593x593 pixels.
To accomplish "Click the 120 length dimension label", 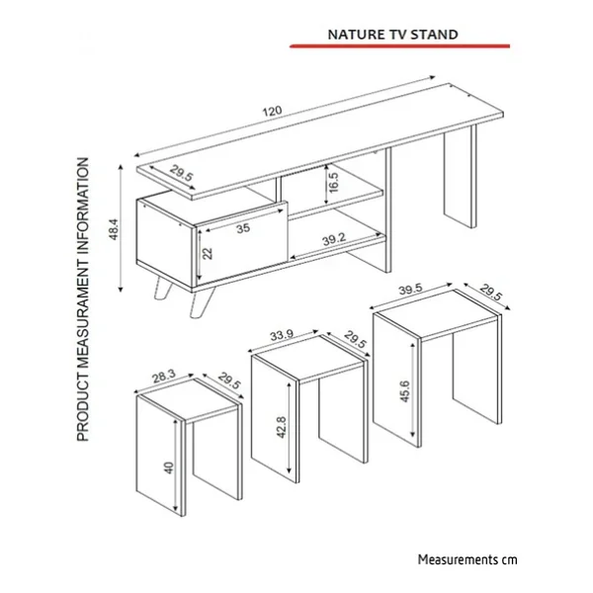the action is point(273,111).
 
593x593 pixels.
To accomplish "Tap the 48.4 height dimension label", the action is point(114,229).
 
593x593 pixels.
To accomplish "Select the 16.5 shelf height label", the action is point(334,182).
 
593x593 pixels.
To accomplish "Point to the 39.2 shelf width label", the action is point(334,239).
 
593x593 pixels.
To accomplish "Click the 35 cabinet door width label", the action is point(243,228).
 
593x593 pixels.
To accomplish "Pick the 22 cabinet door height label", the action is point(208,253).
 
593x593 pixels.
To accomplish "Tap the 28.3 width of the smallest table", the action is point(164,377).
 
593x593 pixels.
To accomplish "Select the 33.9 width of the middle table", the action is point(282,335).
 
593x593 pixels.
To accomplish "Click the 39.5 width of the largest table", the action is point(411,290).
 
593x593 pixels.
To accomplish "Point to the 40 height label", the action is point(169,467).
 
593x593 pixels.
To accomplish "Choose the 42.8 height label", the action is point(282,427).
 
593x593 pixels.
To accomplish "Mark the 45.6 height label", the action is point(404,391).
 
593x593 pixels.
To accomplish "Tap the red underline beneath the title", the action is point(399,46).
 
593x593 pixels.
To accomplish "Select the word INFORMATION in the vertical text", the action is point(83,208).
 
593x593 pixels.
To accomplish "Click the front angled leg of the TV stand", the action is point(202,301).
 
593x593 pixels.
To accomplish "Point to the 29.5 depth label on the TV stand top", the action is point(181,173).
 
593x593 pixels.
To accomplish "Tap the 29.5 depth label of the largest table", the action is point(491,292).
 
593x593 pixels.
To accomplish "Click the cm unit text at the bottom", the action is point(509,560).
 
